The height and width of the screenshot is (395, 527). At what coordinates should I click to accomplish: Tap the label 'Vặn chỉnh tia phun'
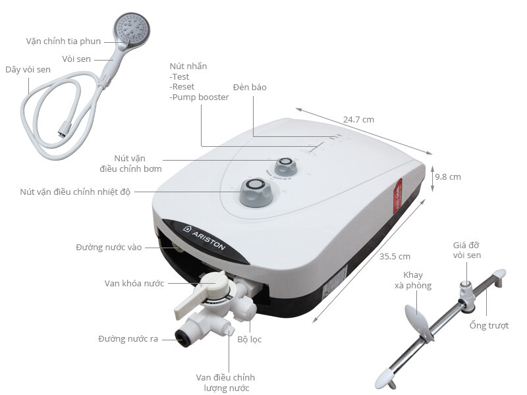(x=63, y=41)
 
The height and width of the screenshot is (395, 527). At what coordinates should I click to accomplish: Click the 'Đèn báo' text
(x=250, y=87)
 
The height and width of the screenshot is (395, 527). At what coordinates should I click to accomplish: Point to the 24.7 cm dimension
(x=358, y=120)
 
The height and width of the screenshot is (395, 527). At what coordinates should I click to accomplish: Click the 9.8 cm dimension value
(x=447, y=176)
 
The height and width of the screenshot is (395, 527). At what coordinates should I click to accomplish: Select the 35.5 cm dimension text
(x=395, y=256)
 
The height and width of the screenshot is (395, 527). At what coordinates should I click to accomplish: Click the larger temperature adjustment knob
(x=255, y=192)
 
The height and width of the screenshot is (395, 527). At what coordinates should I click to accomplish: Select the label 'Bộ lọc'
(x=249, y=340)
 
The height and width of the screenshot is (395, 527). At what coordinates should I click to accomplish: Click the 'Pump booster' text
(x=200, y=97)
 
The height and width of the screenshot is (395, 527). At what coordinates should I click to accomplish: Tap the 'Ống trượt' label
(x=489, y=326)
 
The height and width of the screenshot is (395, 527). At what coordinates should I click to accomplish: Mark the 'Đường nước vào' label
(x=109, y=248)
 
